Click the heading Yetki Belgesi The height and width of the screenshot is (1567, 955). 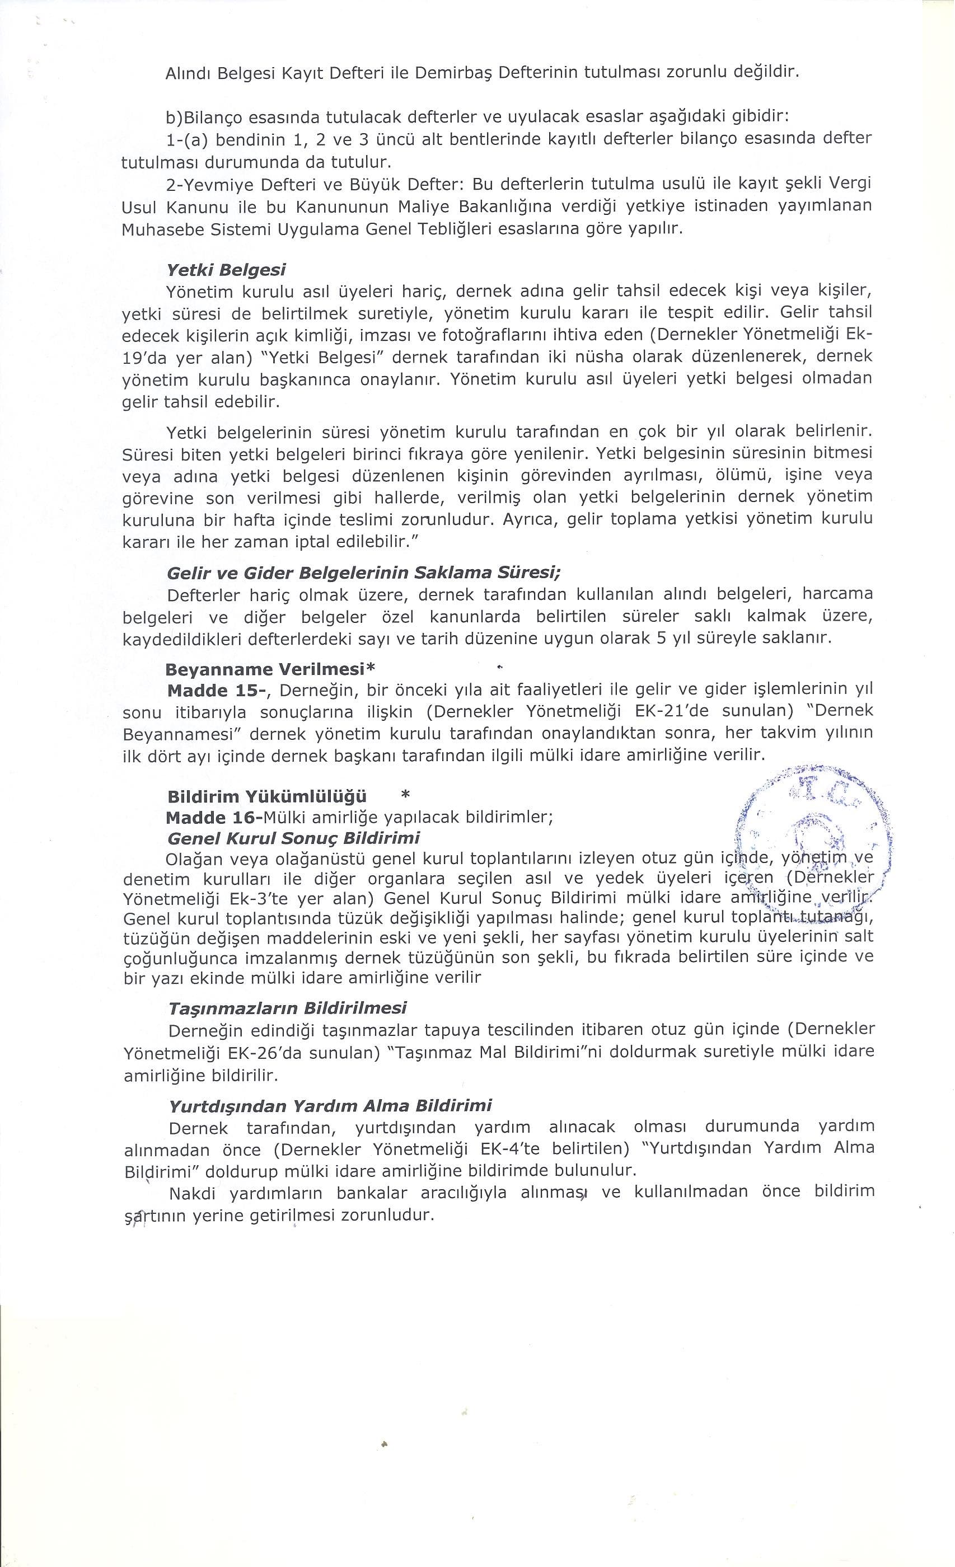click(x=225, y=270)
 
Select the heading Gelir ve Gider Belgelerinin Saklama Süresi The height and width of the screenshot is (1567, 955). click(x=363, y=573)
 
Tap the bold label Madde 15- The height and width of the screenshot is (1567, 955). click(x=219, y=691)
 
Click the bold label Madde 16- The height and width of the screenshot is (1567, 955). click(x=214, y=817)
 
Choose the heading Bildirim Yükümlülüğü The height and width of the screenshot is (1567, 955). click(x=267, y=797)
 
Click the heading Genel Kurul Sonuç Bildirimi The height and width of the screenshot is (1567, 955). click(x=293, y=838)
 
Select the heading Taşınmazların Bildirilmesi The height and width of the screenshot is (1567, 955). click(x=288, y=1008)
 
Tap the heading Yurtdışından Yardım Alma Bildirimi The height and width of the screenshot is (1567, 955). click(x=330, y=1106)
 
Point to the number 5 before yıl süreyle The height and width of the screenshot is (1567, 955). click(x=662, y=638)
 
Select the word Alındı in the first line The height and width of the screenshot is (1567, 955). click(x=187, y=73)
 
